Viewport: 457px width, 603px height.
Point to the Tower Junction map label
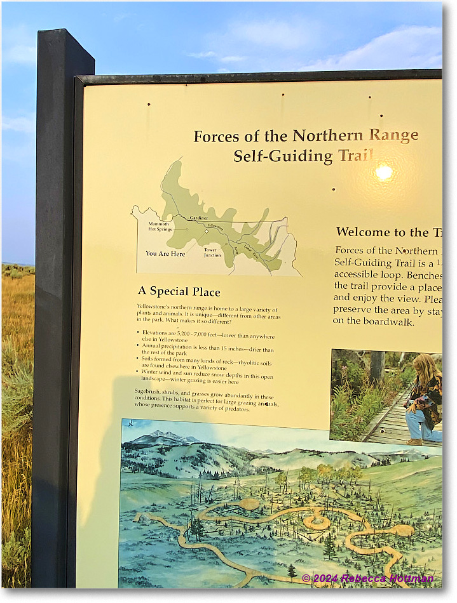click(212, 252)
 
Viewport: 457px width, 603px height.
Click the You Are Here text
click(165, 253)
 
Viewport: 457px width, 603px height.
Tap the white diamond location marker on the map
click(207, 232)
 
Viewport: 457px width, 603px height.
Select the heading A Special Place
click(179, 291)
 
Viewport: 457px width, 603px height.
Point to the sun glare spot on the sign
click(384, 172)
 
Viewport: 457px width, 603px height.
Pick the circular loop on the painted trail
click(316, 522)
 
